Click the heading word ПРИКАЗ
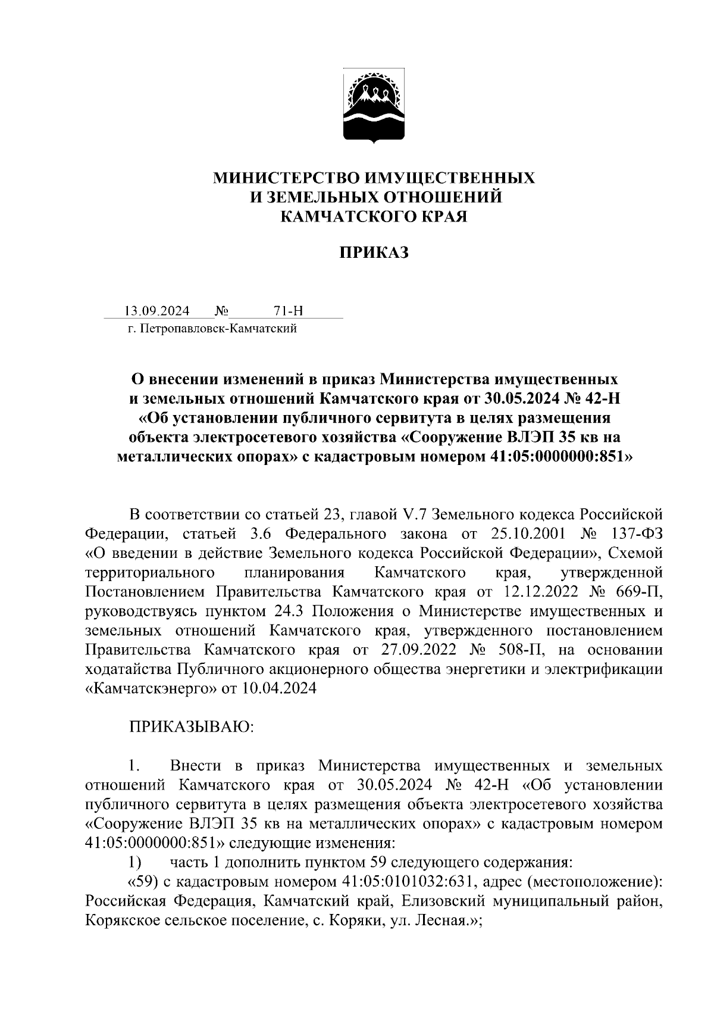[x=374, y=253]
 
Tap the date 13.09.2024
[x=157, y=311]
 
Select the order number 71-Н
[x=289, y=311]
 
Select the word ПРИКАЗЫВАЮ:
[x=192, y=727]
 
